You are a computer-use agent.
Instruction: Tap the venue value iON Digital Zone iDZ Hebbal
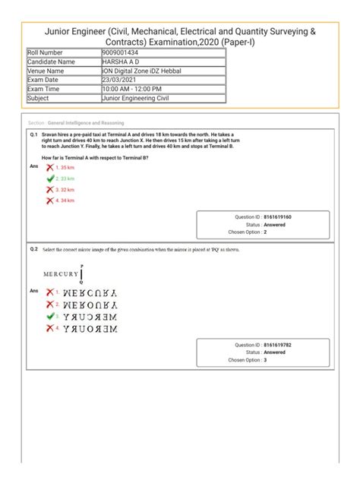point(144,71)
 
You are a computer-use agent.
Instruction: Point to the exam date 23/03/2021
point(120,80)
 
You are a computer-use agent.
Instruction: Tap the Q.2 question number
point(34,249)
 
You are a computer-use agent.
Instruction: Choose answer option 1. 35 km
point(64,166)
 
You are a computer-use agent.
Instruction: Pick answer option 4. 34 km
point(64,201)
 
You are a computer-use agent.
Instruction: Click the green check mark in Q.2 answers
point(50,316)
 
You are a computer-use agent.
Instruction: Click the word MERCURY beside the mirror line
point(61,273)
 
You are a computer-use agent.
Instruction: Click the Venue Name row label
point(46,71)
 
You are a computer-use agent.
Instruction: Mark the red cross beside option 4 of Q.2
point(50,329)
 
